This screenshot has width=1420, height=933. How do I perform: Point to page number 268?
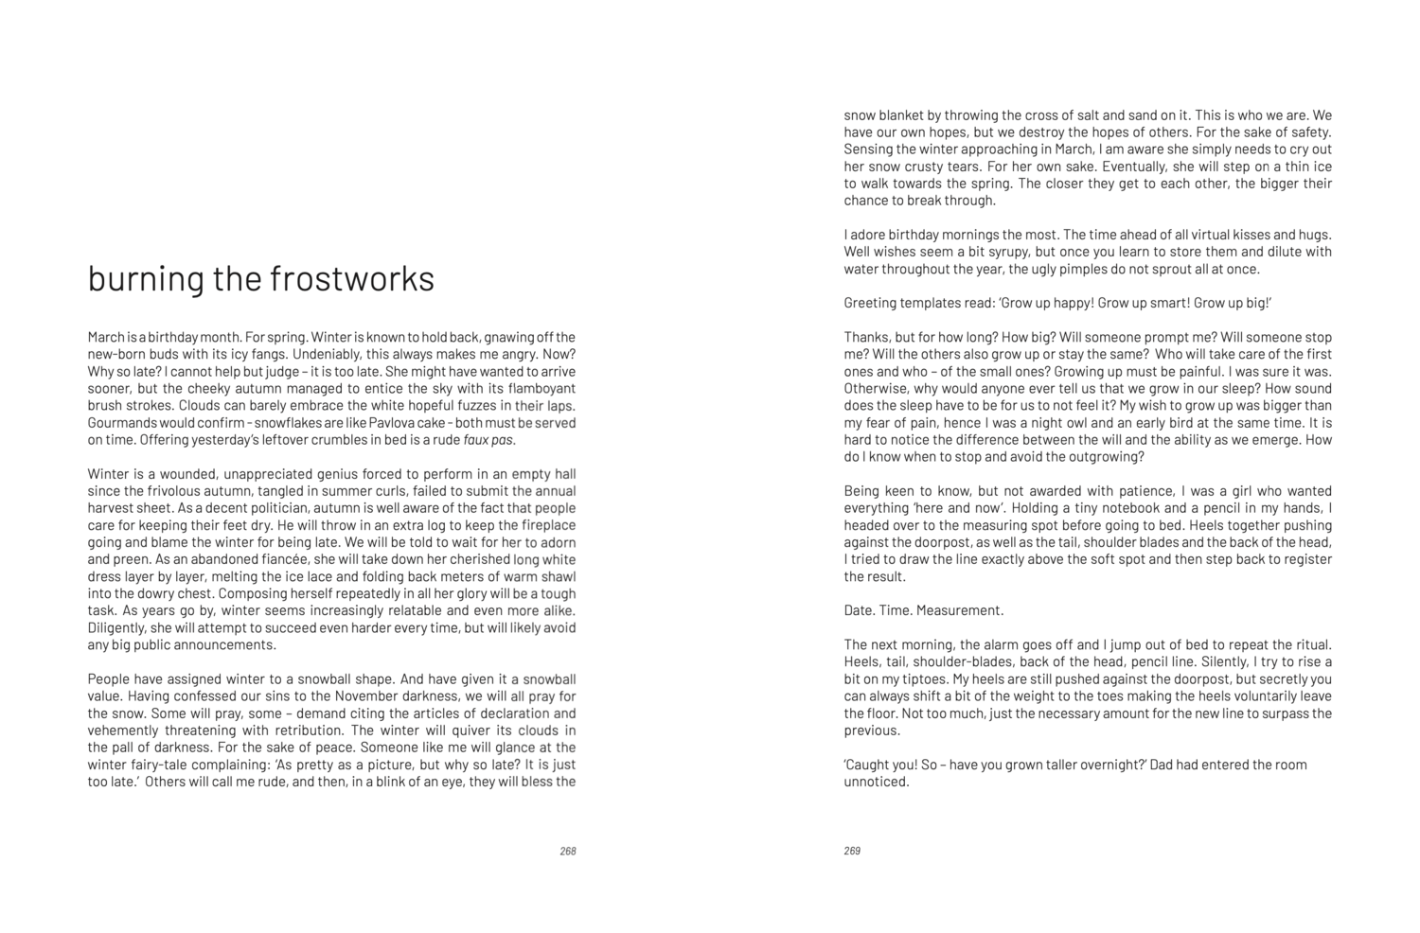tap(568, 851)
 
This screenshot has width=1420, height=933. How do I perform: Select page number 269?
tap(852, 851)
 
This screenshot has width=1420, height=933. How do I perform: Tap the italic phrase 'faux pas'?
tap(488, 440)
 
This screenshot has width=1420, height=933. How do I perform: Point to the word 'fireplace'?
tap(544, 525)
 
